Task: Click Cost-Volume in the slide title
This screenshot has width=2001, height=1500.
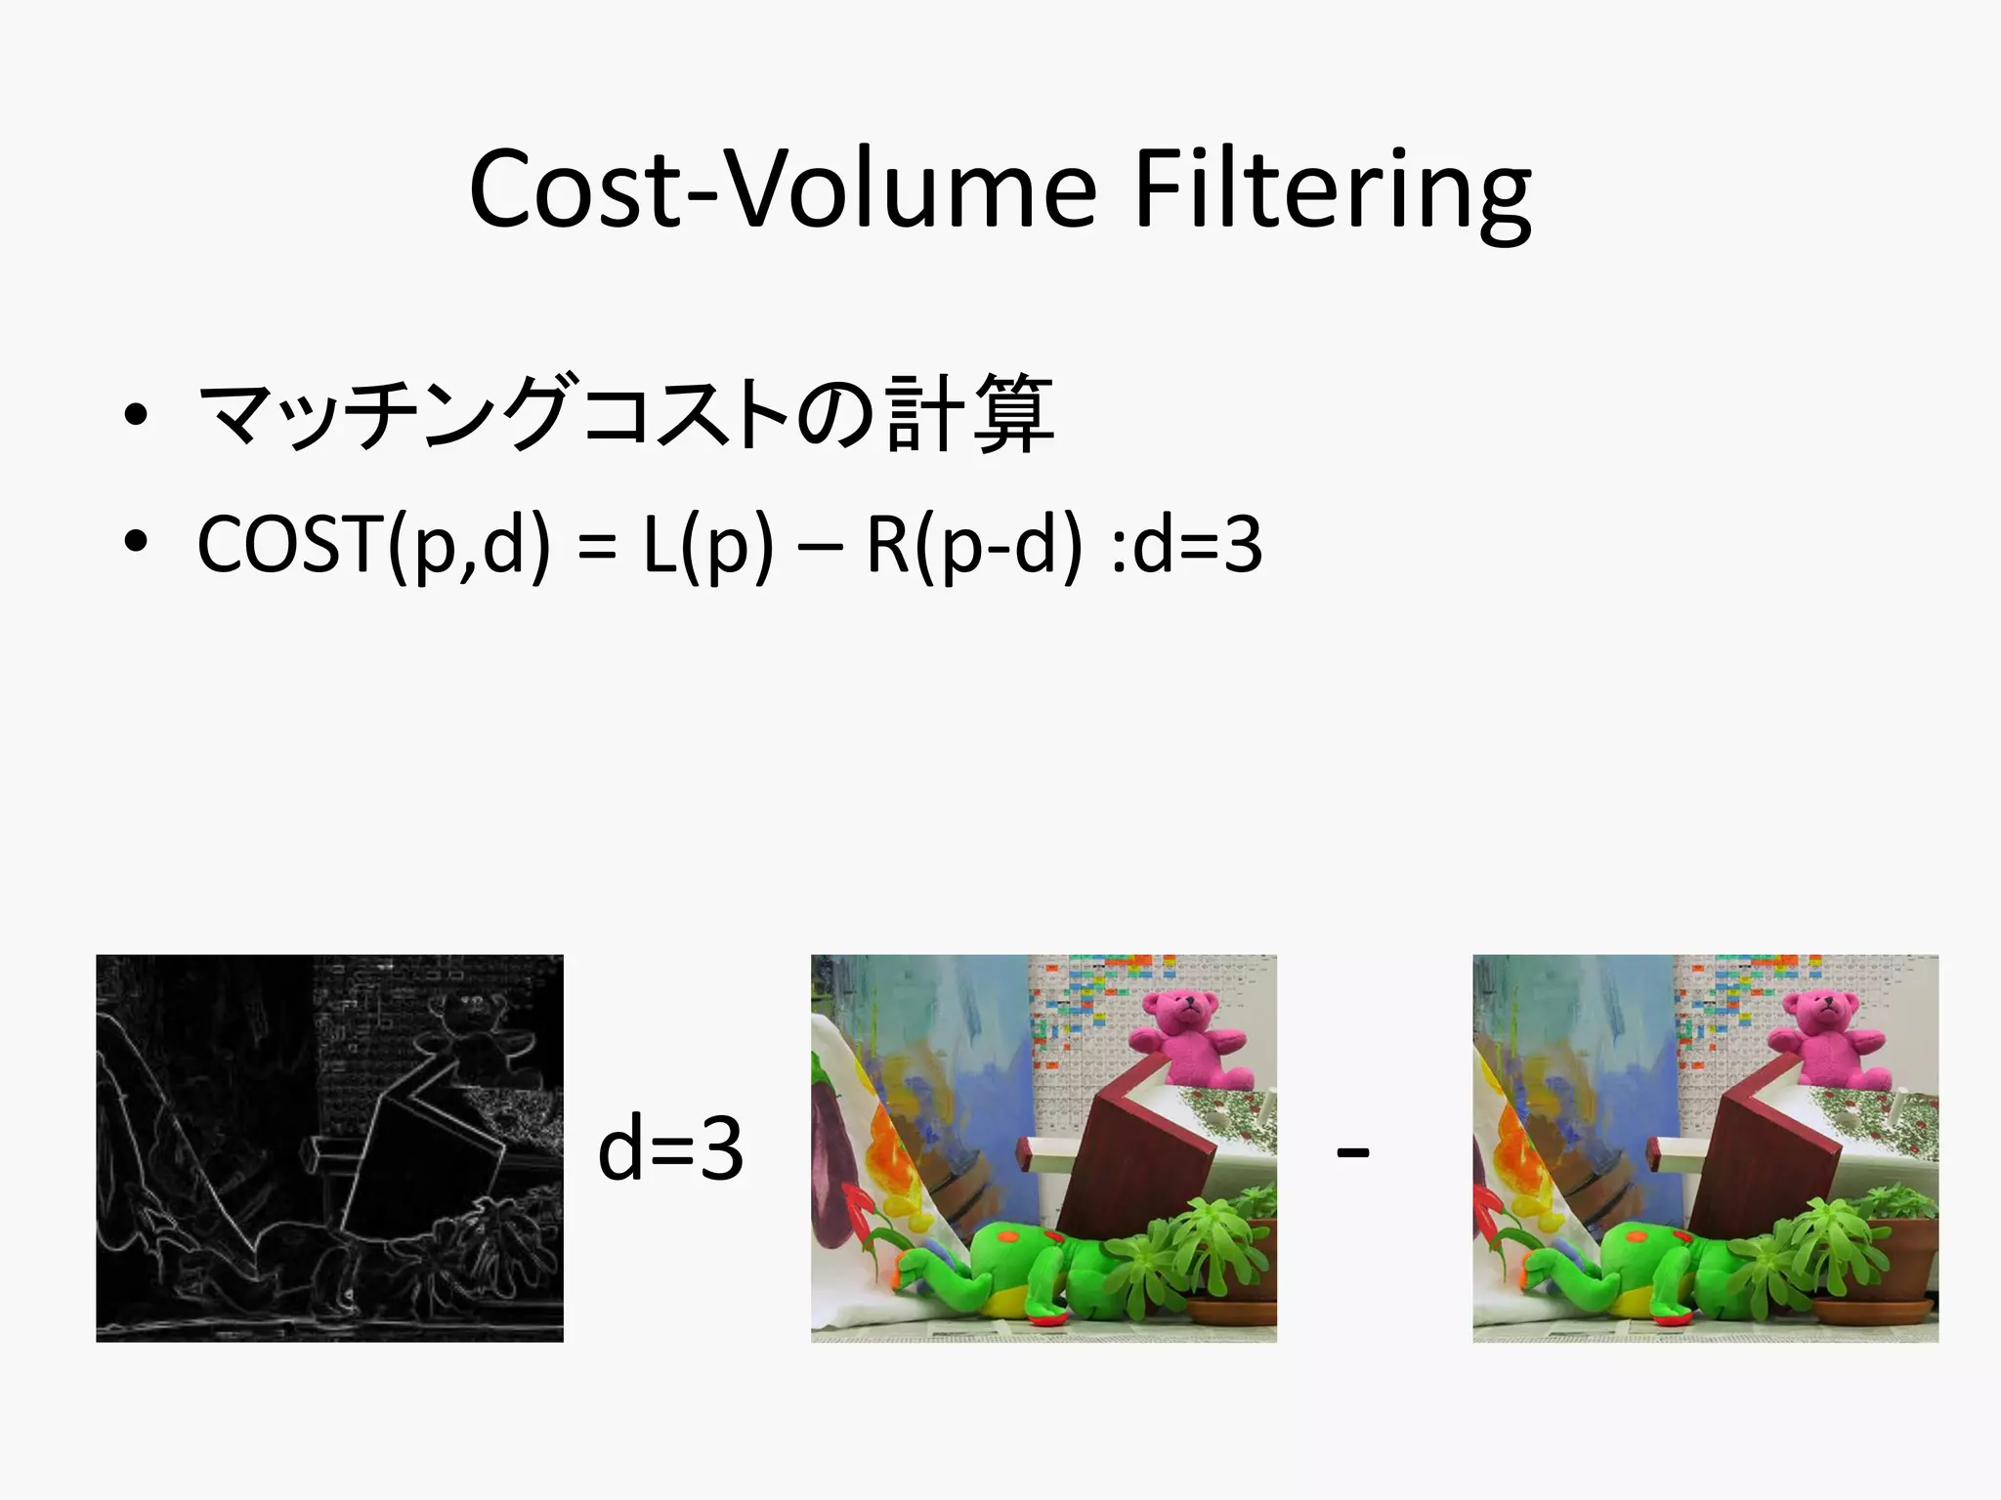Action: pyautogui.click(x=782, y=190)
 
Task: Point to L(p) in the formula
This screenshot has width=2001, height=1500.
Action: pyautogui.click(x=707, y=545)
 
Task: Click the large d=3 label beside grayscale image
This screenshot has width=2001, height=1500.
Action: pyautogui.click(x=670, y=1149)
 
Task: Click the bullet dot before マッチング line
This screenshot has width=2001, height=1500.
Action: pyautogui.click(x=136, y=415)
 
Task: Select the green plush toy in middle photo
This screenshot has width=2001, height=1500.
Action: pyautogui.click(x=1036, y=1270)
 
